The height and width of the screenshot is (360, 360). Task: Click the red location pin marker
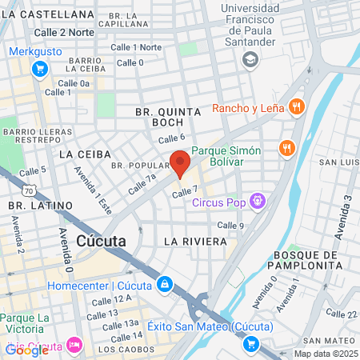(180, 163)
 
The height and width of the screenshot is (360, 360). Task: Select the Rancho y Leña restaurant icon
(297, 107)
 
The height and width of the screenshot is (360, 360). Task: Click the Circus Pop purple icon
(258, 200)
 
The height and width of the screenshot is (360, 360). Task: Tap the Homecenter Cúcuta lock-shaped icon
(164, 284)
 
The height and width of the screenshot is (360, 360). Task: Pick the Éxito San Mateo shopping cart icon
(251, 344)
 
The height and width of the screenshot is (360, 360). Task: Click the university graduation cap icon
(251, 59)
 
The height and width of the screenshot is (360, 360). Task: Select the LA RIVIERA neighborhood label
(191, 240)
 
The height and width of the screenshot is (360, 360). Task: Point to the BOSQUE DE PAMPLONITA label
(308, 259)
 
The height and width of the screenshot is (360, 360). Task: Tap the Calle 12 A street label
(110, 300)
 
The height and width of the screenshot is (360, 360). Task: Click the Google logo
(26, 350)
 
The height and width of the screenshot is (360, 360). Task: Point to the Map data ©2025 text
(326, 354)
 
